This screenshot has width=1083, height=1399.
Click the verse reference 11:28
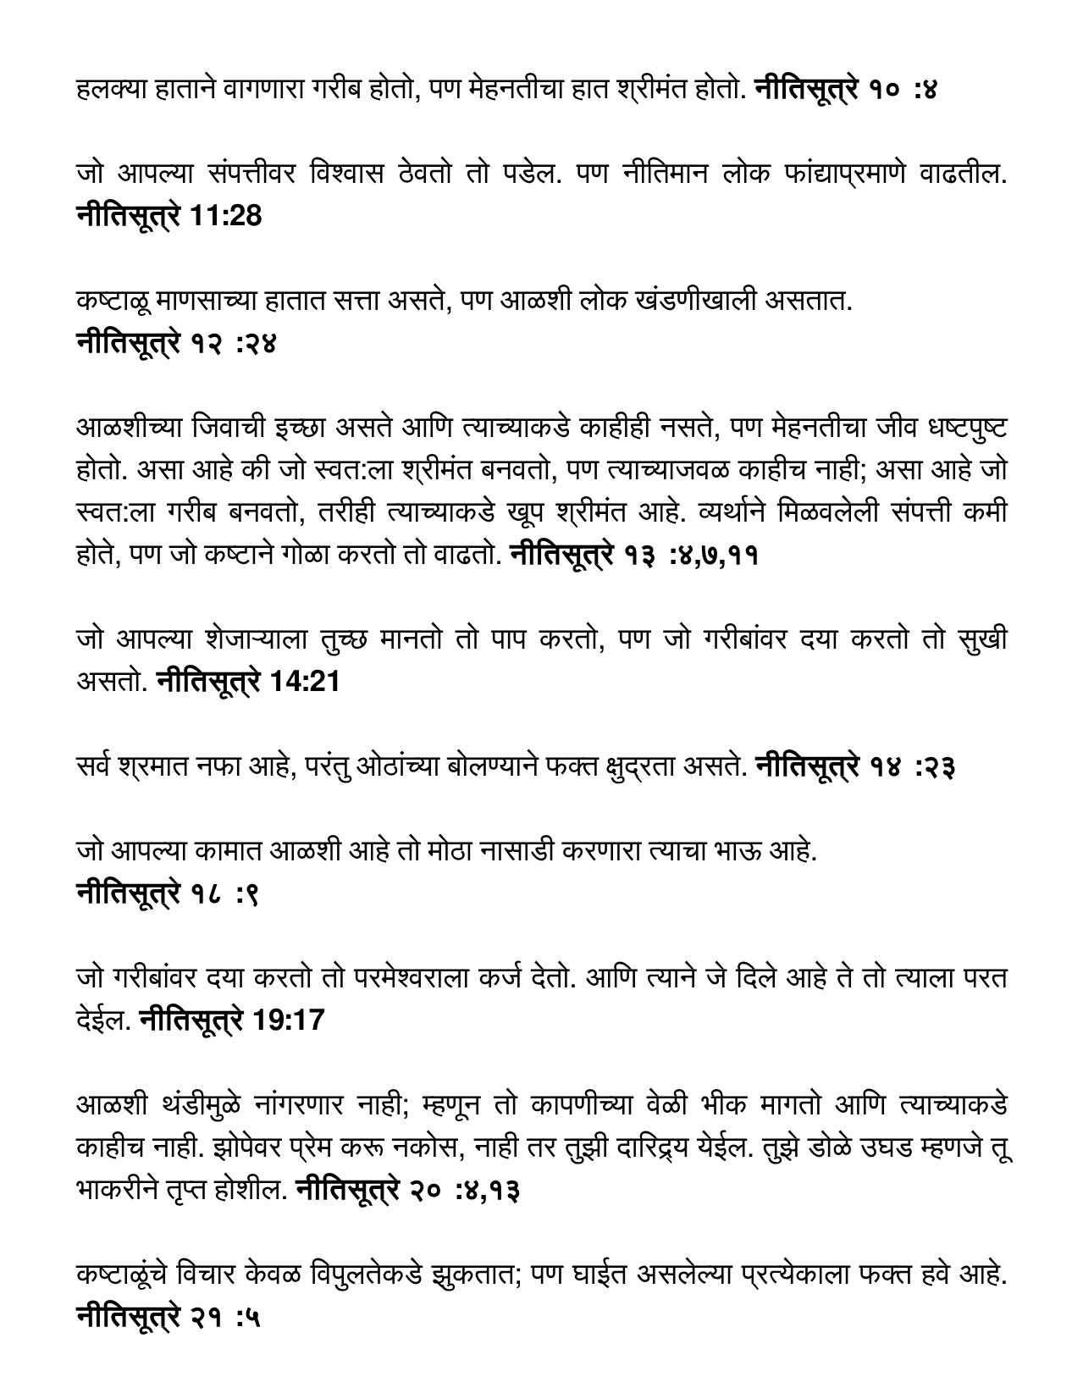(x=224, y=216)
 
